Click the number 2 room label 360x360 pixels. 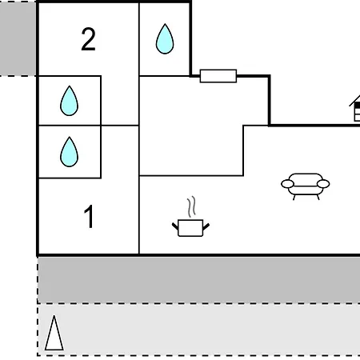tap(88, 39)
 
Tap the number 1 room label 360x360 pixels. tap(89, 216)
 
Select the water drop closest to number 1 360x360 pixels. tap(70, 152)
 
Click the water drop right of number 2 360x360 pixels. tap(165, 39)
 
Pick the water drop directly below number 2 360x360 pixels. tap(70, 101)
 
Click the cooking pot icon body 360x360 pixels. tap(190, 228)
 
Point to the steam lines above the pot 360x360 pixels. tap(191, 206)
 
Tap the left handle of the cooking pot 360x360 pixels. tap(175, 226)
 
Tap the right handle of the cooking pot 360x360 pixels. tap(206, 226)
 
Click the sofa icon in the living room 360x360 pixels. tap(306, 186)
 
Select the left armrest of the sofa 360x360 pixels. tap(287, 184)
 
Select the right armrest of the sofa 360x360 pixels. tap(323, 184)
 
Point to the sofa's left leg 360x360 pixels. tap(294, 198)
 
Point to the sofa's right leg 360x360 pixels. tap(318, 198)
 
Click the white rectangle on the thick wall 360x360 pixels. tap(218, 76)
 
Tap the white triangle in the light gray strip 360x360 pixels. tap(54, 334)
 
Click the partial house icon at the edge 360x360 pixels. tap(355, 108)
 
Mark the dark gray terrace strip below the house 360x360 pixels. tap(199, 280)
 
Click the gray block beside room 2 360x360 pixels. tap(18, 38)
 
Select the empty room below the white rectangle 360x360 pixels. tap(191, 126)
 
